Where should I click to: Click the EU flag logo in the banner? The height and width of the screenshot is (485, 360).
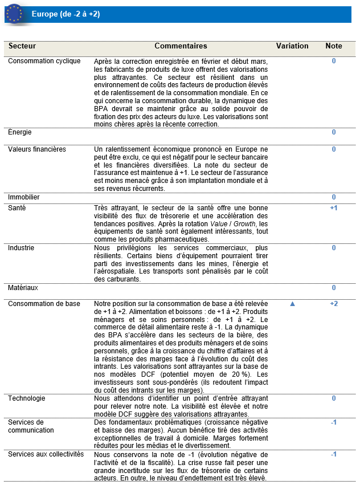tap(14, 14)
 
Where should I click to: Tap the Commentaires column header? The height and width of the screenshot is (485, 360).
tap(181, 46)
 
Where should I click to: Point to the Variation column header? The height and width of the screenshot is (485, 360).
tap(292, 46)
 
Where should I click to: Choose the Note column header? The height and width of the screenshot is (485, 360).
tap(334, 46)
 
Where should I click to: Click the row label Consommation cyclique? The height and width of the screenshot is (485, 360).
tap(44, 61)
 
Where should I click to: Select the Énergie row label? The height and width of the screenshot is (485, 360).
tap(20, 132)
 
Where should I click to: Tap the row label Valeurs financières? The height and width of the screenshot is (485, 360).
tap(36, 149)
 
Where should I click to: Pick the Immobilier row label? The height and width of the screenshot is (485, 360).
tap(24, 197)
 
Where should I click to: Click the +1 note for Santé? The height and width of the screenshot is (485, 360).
tap(334, 208)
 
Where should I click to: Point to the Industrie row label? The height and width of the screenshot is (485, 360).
tap(21, 248)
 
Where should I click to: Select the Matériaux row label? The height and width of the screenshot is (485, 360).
tap(23, 288)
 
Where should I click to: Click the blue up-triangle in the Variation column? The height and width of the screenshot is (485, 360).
tap(293, 304)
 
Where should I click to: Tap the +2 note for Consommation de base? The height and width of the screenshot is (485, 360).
tap(334, 304)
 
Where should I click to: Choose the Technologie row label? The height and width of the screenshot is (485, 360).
tap(26, 398)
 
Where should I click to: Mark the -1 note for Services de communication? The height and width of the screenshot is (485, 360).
tap(334, 422)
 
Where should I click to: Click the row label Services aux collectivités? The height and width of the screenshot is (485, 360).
tap(46, 454)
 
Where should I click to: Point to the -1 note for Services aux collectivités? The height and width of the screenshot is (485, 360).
tap(334, 454)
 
